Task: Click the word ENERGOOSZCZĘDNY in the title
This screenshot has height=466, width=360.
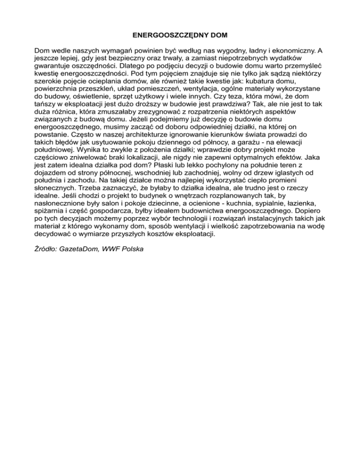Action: click(x=156, y=35)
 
